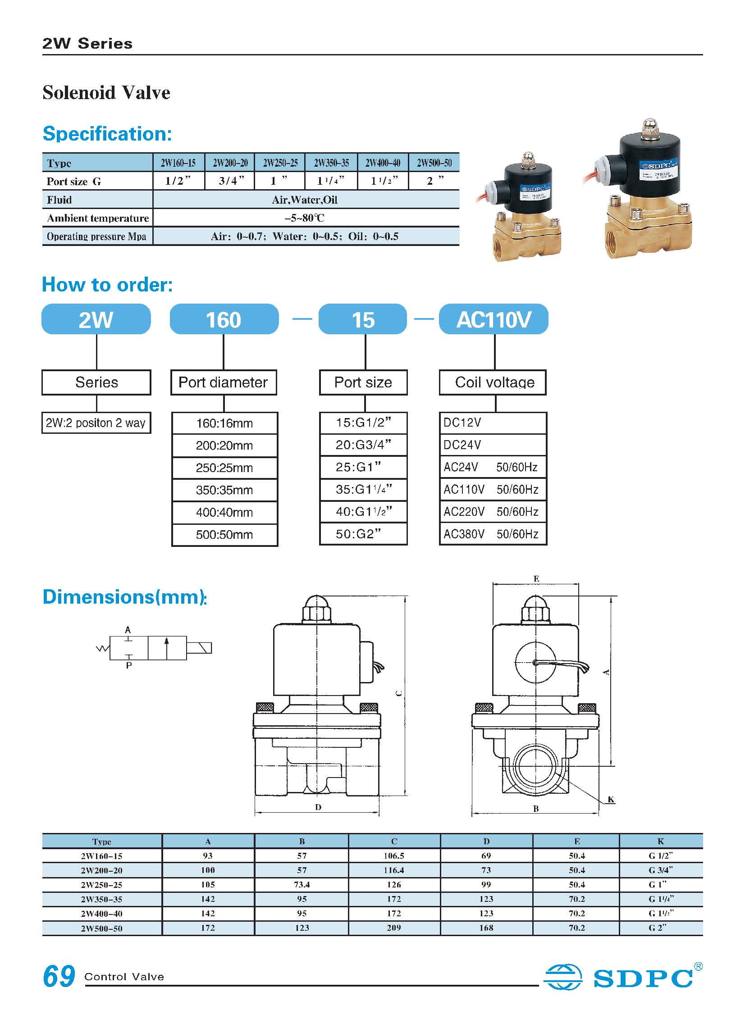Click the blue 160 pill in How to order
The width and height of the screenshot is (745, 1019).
point(224,319)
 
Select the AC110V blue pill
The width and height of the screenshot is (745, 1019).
point(494,319)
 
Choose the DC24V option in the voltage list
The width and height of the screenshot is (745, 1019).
point(493,445)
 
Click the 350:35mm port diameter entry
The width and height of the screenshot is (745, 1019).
point(224,490)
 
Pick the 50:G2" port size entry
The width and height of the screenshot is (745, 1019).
point(363,534)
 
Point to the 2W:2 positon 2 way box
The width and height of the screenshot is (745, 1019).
point(96,423)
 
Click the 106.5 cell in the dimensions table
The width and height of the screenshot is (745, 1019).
point(394,856)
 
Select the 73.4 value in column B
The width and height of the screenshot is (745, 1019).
point(302,885)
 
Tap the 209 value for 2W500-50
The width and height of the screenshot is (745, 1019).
point(394,928)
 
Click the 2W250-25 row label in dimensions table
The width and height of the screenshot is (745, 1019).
point(101,885)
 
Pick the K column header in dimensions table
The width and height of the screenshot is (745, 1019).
point(661,842)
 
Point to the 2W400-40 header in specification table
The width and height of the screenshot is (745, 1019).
point(383,163)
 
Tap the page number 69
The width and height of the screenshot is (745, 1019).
point(59,976)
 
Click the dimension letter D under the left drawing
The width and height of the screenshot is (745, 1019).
point(318,807)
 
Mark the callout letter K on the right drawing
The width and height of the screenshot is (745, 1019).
point(611,800)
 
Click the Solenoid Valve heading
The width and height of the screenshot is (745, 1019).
point(106,93)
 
